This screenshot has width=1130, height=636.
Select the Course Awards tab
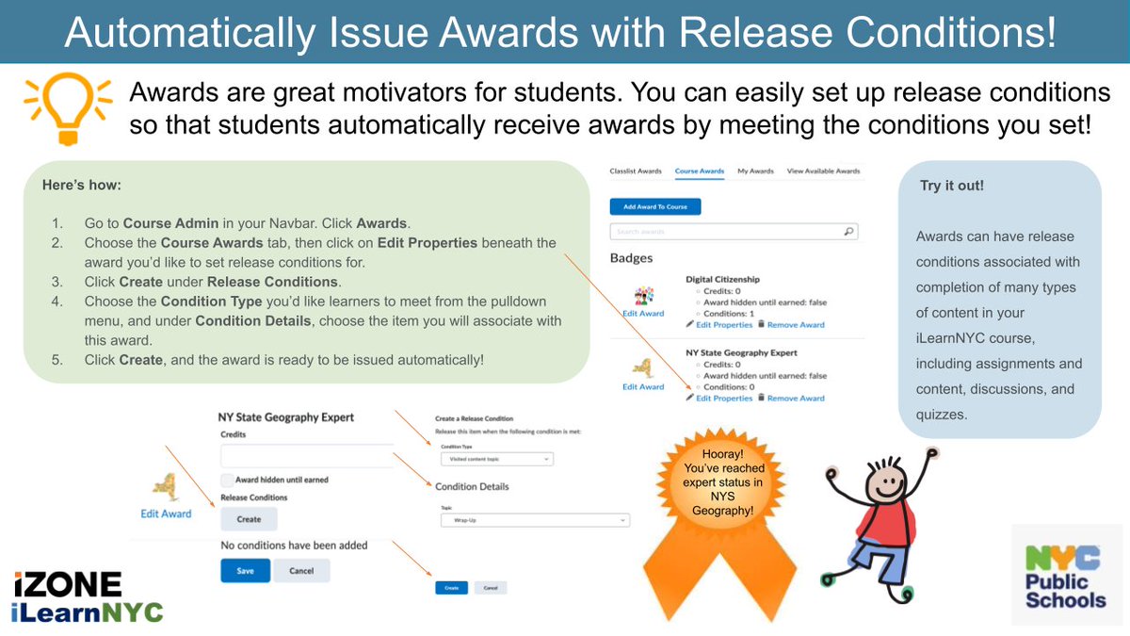(699, 171)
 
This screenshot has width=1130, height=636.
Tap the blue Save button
(245, 571)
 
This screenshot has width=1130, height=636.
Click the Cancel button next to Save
(301, 571)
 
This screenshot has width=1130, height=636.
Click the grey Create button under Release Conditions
(249, 519)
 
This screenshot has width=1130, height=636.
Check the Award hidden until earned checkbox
(227, 480)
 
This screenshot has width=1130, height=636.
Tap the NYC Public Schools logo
(1067, 575)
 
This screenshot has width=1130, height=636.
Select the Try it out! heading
(952, 186)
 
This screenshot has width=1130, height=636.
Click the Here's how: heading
(81, 186)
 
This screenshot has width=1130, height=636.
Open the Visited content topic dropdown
(496, 459)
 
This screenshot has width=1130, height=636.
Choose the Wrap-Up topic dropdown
(534, 519)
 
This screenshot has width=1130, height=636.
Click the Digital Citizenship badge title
(722, 280)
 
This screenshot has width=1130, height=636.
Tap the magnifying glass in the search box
(848, 231)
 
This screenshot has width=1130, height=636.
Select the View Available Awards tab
(823, 171)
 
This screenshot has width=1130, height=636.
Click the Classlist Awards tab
(637, 171)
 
